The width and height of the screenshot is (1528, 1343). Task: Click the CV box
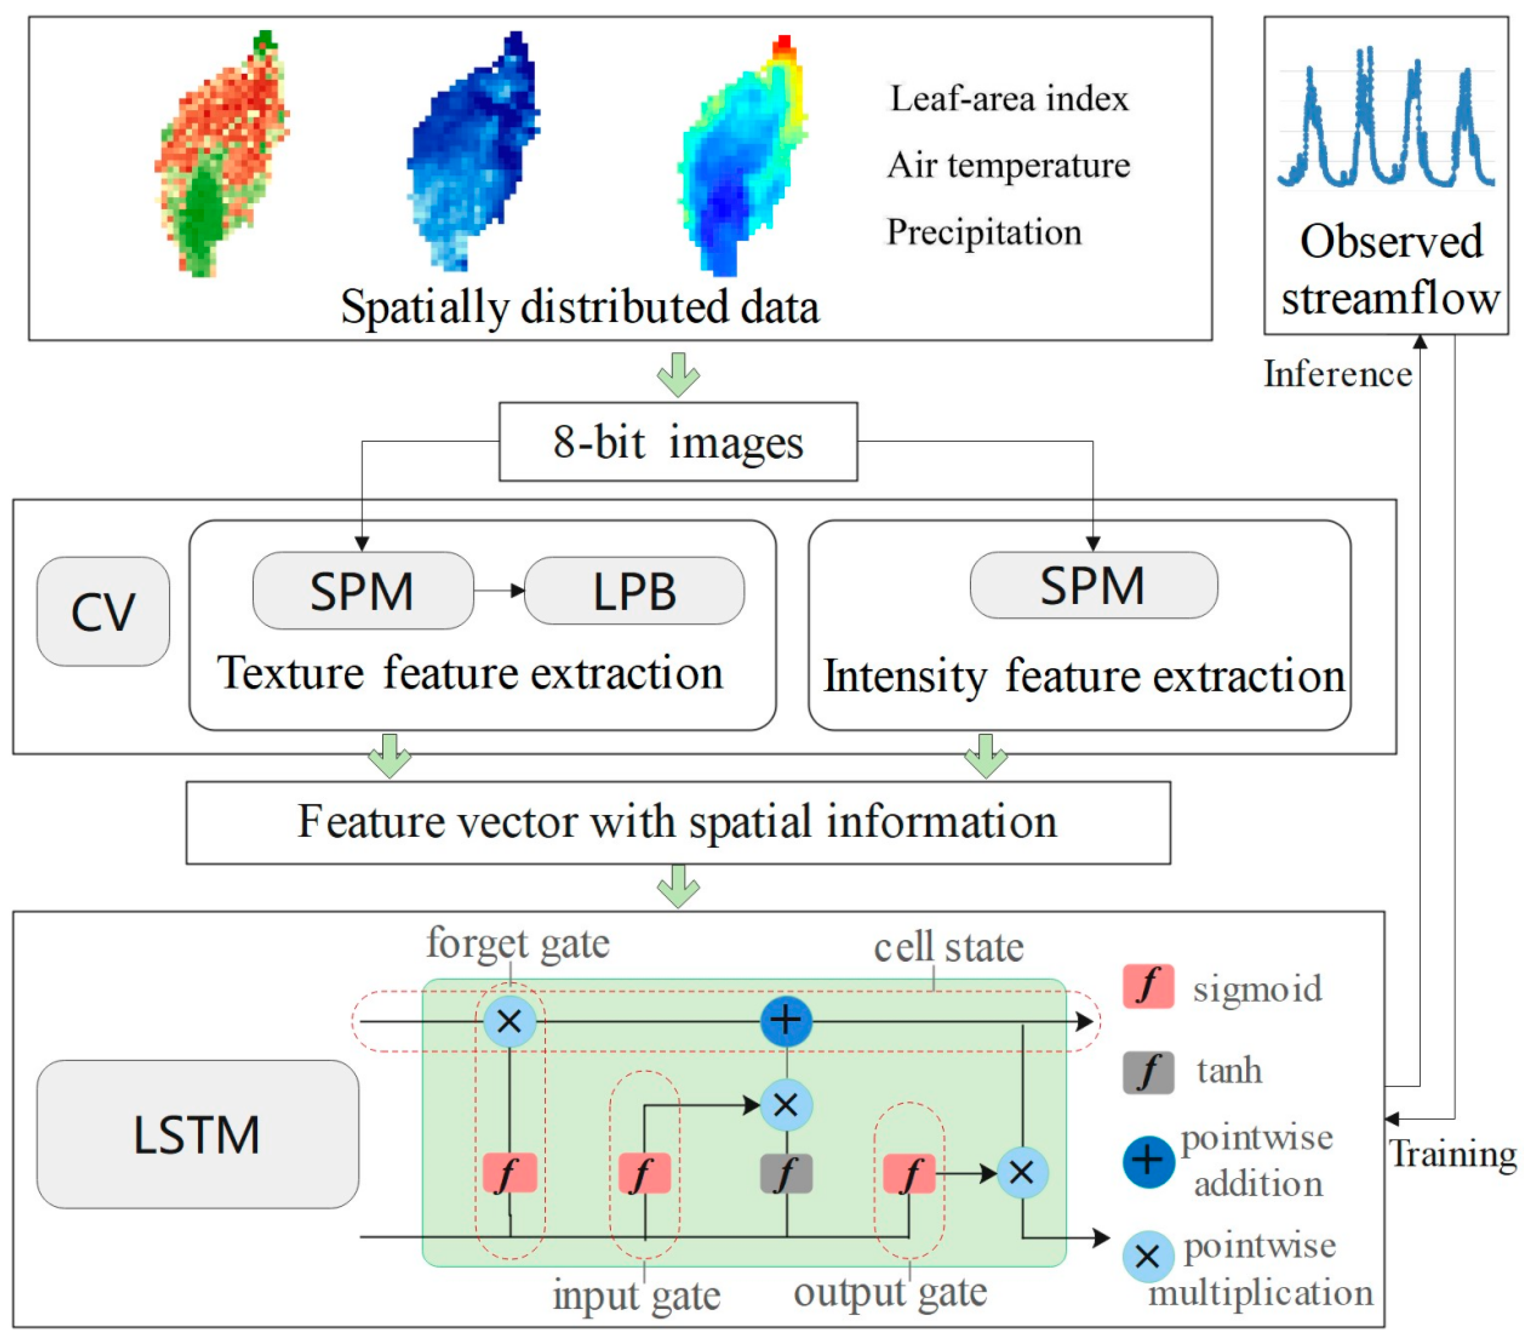coord(103,612)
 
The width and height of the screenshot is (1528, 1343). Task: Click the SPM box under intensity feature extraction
coord(1093,585)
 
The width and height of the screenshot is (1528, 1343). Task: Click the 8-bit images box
coord(678,442)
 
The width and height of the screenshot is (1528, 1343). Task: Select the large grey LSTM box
coord(197,1134)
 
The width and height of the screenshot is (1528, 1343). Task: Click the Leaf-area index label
coord(1009,99)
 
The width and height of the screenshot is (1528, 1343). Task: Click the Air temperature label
coord(1009,165)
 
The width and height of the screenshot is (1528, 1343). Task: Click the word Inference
coord(1337,373)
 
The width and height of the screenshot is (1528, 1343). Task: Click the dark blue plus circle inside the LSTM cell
coord(786,1021)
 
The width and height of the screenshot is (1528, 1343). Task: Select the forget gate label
coord(518,944)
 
